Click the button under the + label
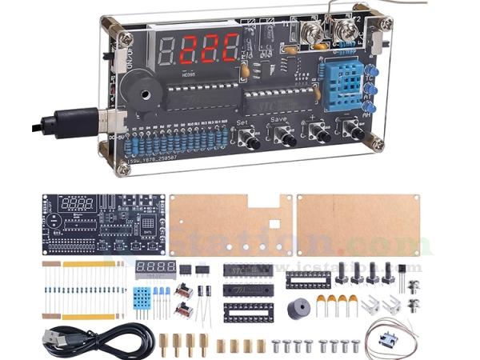point(322,135)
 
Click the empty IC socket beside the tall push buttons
point(307,280)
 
